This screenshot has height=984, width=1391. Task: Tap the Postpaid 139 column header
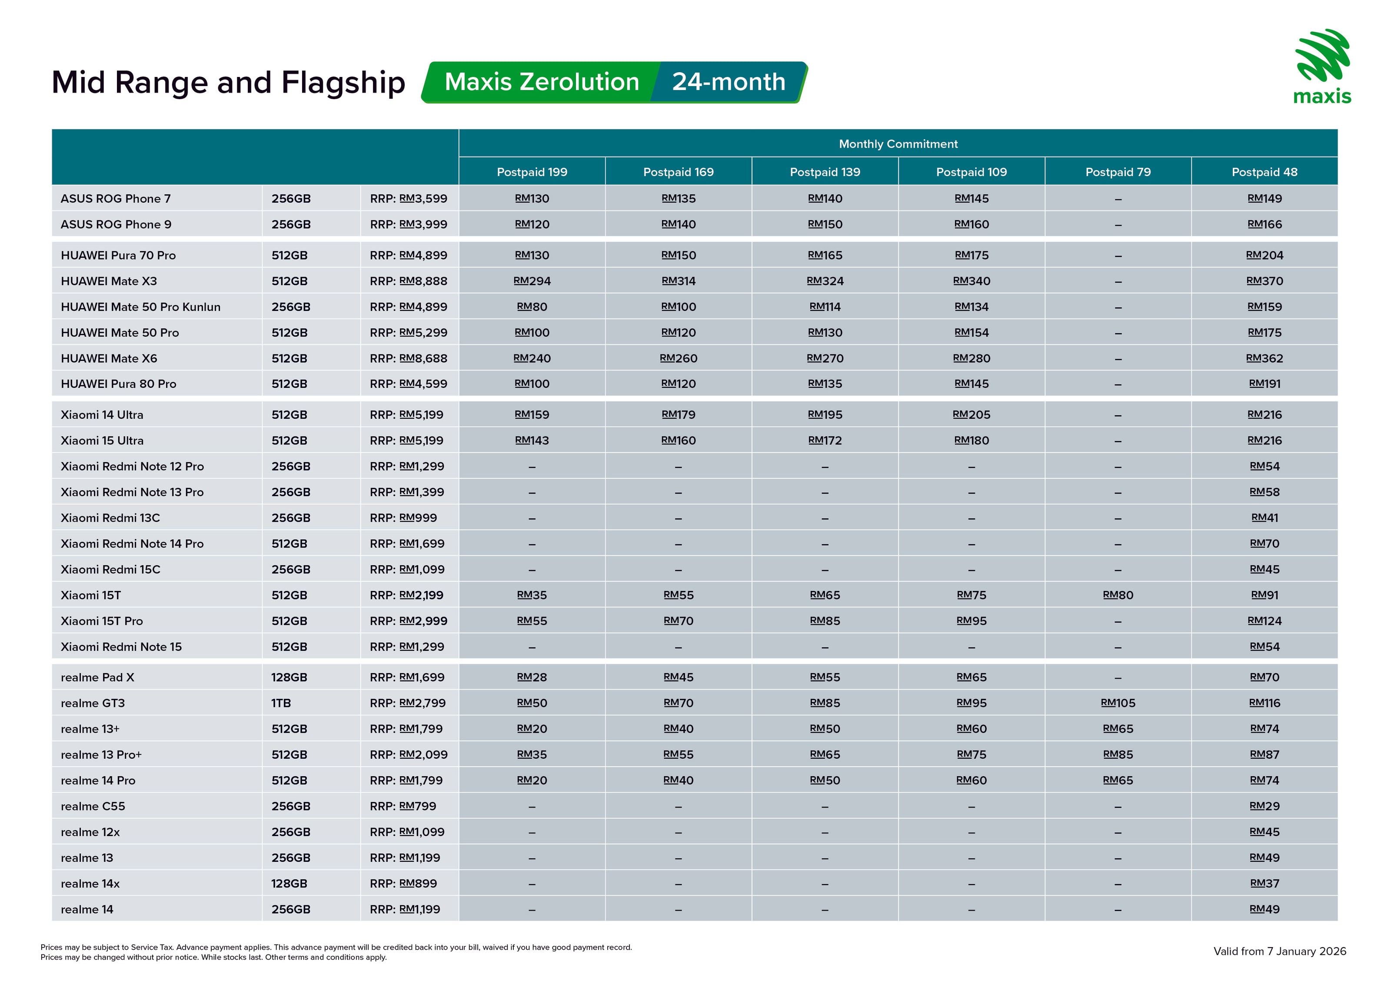click(x=825, y=172)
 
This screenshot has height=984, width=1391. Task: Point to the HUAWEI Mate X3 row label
click(x=109, y=281)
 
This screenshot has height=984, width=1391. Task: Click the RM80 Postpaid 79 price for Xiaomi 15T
click(x=1118, y=595)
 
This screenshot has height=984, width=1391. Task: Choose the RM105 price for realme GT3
click(x=1118, y=703)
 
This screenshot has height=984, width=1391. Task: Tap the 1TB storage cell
click(x=281, y=703)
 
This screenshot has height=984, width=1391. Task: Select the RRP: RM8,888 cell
click(x=408, y=281)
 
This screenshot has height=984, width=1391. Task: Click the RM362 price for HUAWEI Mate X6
click(x=1265, y=358)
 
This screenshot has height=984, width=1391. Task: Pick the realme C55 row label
click(x=93, y=806)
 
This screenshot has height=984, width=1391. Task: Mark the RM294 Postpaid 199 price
click(x=532, y=281)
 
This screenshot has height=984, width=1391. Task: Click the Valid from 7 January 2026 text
click(x=1280, y=951)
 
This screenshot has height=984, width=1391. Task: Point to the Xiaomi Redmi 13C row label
click(x=110, y=518)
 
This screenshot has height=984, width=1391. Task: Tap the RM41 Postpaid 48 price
click(x=1265, y=518)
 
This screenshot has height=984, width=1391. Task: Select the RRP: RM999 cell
click(x=403, y=518)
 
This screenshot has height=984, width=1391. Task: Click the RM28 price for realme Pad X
click(x=532, y=677)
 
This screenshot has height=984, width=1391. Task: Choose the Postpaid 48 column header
click(x=1265, y=172)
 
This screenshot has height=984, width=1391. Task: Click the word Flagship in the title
click(x=343, y=83)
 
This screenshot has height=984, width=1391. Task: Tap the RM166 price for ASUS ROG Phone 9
click(x=1265, y=224)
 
